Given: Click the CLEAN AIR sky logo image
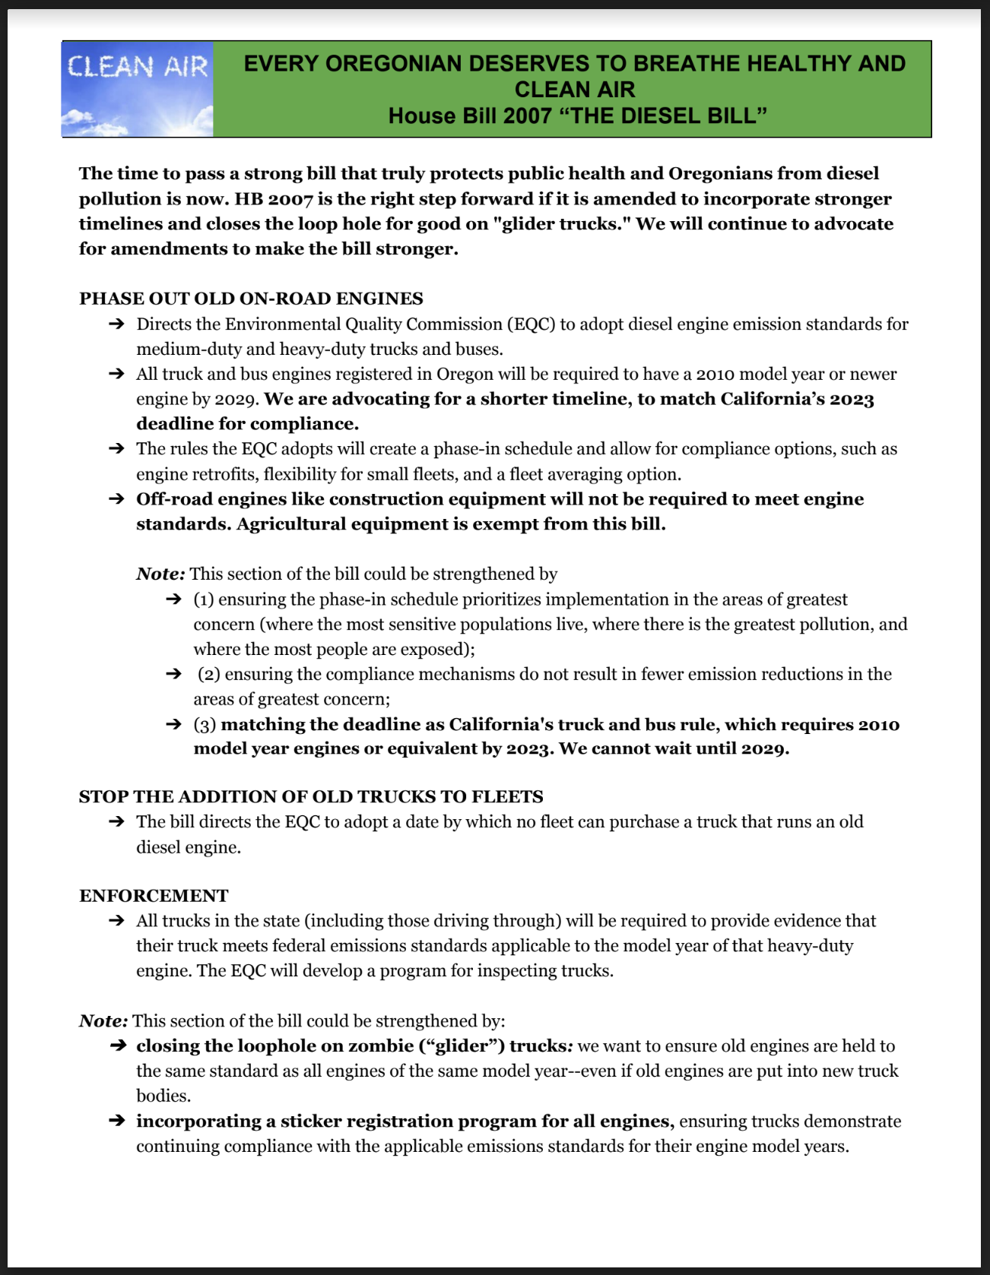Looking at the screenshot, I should click(138, 89).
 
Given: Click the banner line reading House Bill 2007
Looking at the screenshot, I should click(577, 115).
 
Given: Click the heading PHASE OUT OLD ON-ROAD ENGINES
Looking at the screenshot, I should click(251, 299).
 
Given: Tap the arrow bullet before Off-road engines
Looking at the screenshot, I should click(116, 499).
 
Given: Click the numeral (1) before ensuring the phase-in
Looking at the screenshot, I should click(204, 600).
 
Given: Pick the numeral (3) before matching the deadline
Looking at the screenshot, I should click(205, 725).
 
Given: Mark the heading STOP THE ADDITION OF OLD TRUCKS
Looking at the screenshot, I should click(311, 796).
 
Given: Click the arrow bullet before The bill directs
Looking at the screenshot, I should click(116, 822).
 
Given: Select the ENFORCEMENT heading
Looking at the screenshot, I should click(154, 896).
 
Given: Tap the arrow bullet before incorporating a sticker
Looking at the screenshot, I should click(116, 1122).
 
